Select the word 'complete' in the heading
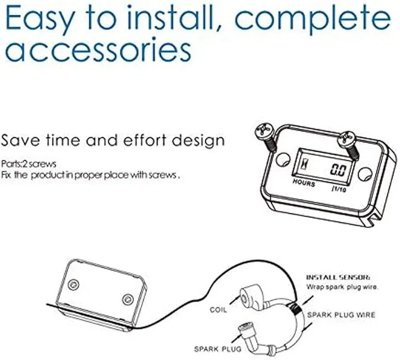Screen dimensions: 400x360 [312, 20]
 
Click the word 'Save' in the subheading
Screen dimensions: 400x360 [20, 140]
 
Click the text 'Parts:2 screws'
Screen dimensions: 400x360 [28, 164]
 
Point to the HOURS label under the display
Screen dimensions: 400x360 [304, 183]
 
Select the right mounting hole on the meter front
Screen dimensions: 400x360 [365, 174]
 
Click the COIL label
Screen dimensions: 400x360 [218, 310]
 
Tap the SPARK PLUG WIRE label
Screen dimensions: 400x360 [341, 315]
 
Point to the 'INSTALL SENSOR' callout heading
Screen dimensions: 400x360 [338, 277]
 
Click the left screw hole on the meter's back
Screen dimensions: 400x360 [74, 284]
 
